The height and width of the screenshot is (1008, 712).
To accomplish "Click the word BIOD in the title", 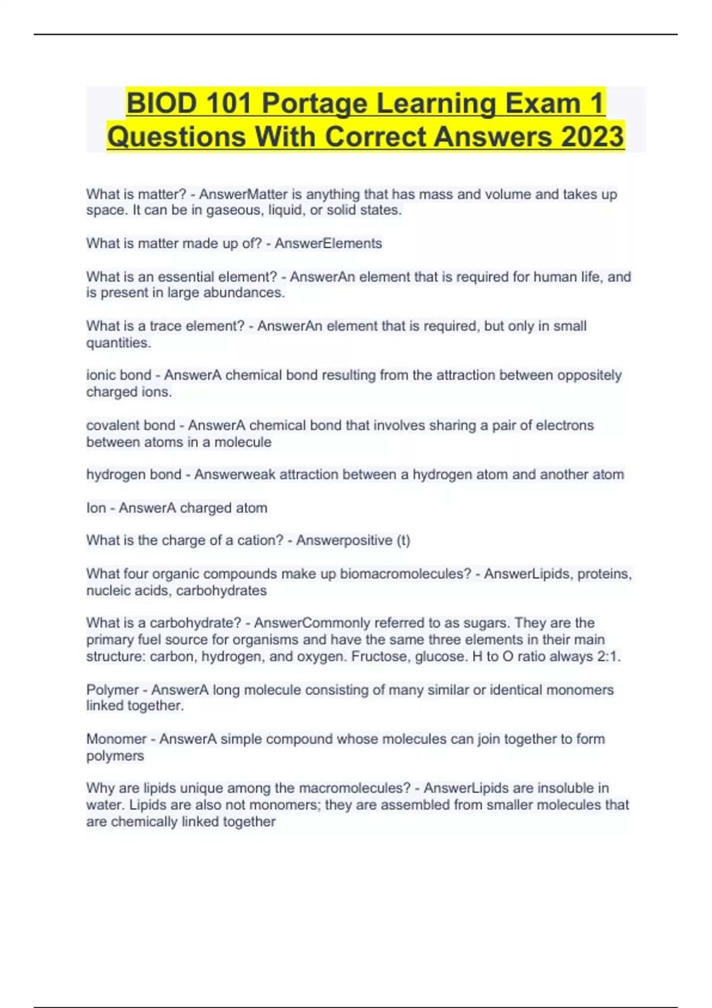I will coord(161,103).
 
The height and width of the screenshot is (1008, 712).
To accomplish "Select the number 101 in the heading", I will coord(230,103).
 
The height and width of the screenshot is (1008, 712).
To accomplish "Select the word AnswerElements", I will coord(328,244).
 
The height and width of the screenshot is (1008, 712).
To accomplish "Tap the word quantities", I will coord(119,343).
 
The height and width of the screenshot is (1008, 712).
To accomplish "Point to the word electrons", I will coord(560,426).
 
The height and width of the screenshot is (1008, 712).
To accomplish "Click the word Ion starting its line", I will coord(96,508).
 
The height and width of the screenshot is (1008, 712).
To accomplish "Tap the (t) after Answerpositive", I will coord(403,541).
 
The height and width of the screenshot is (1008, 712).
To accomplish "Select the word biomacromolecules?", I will coord(406,574).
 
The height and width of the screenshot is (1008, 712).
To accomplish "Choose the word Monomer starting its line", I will coord(116,739).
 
